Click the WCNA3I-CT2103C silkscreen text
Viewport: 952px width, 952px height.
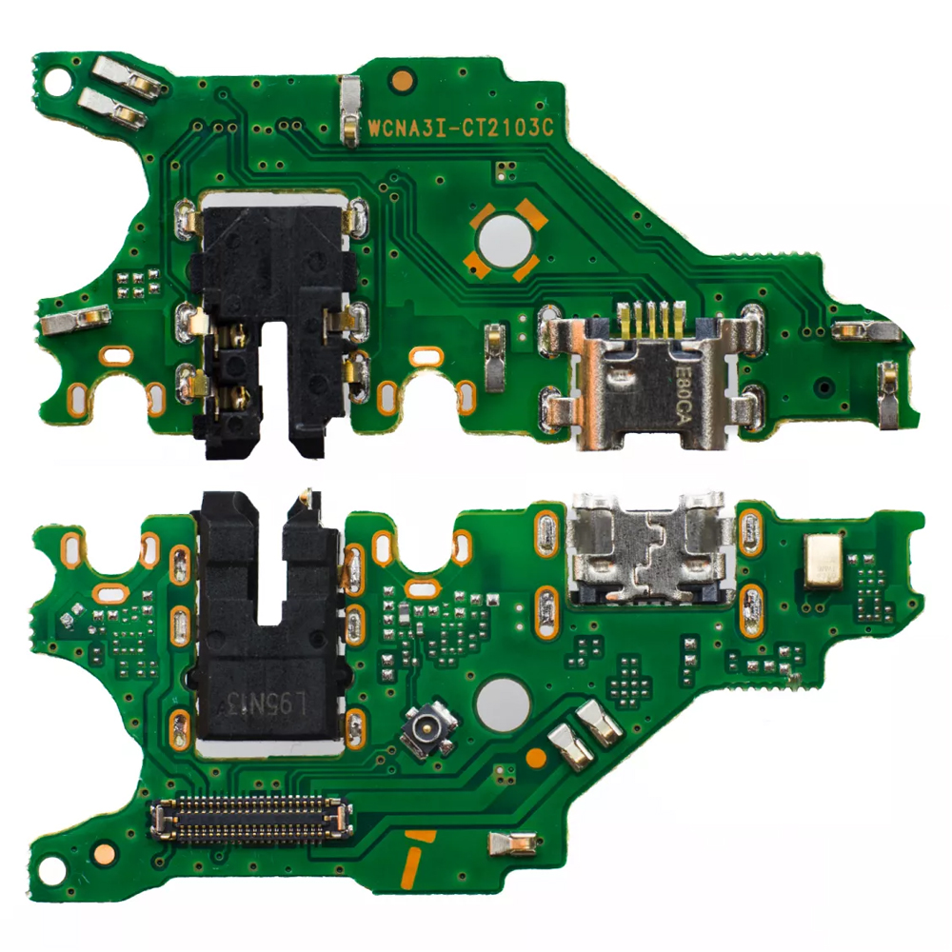[461, 128]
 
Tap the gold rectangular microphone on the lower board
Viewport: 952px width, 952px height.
[823, 562]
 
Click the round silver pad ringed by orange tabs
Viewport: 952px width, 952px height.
[506, 240]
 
